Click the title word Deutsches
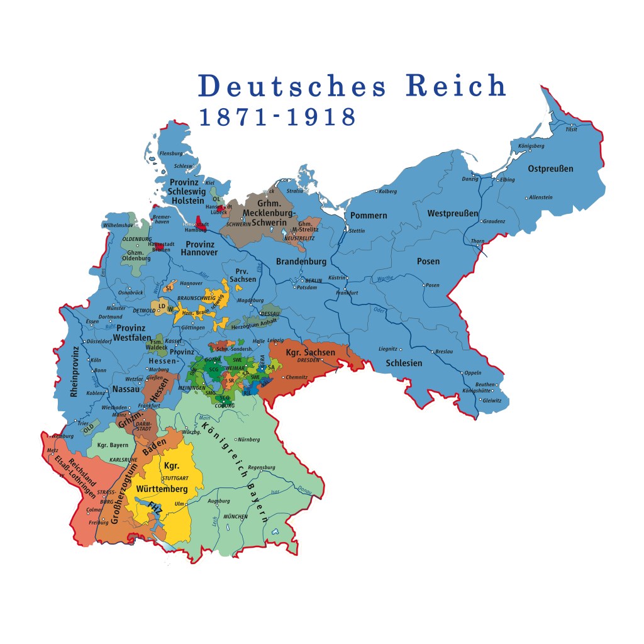coord(292,86)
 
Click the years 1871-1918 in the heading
coord(277,118)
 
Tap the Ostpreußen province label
coord(550,169)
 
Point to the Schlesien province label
coord(404,363)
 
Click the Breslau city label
coord(444,352)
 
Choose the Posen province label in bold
coord(428,261)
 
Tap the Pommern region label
coord(369,215)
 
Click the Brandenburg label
coord(301,261)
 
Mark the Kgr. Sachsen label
coord(310,352)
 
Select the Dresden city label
coord(309,360)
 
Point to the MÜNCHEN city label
coord(235,516)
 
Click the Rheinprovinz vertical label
coord(75,371)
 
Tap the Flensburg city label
coord(171,153)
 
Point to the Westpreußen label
coord(453,213)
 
